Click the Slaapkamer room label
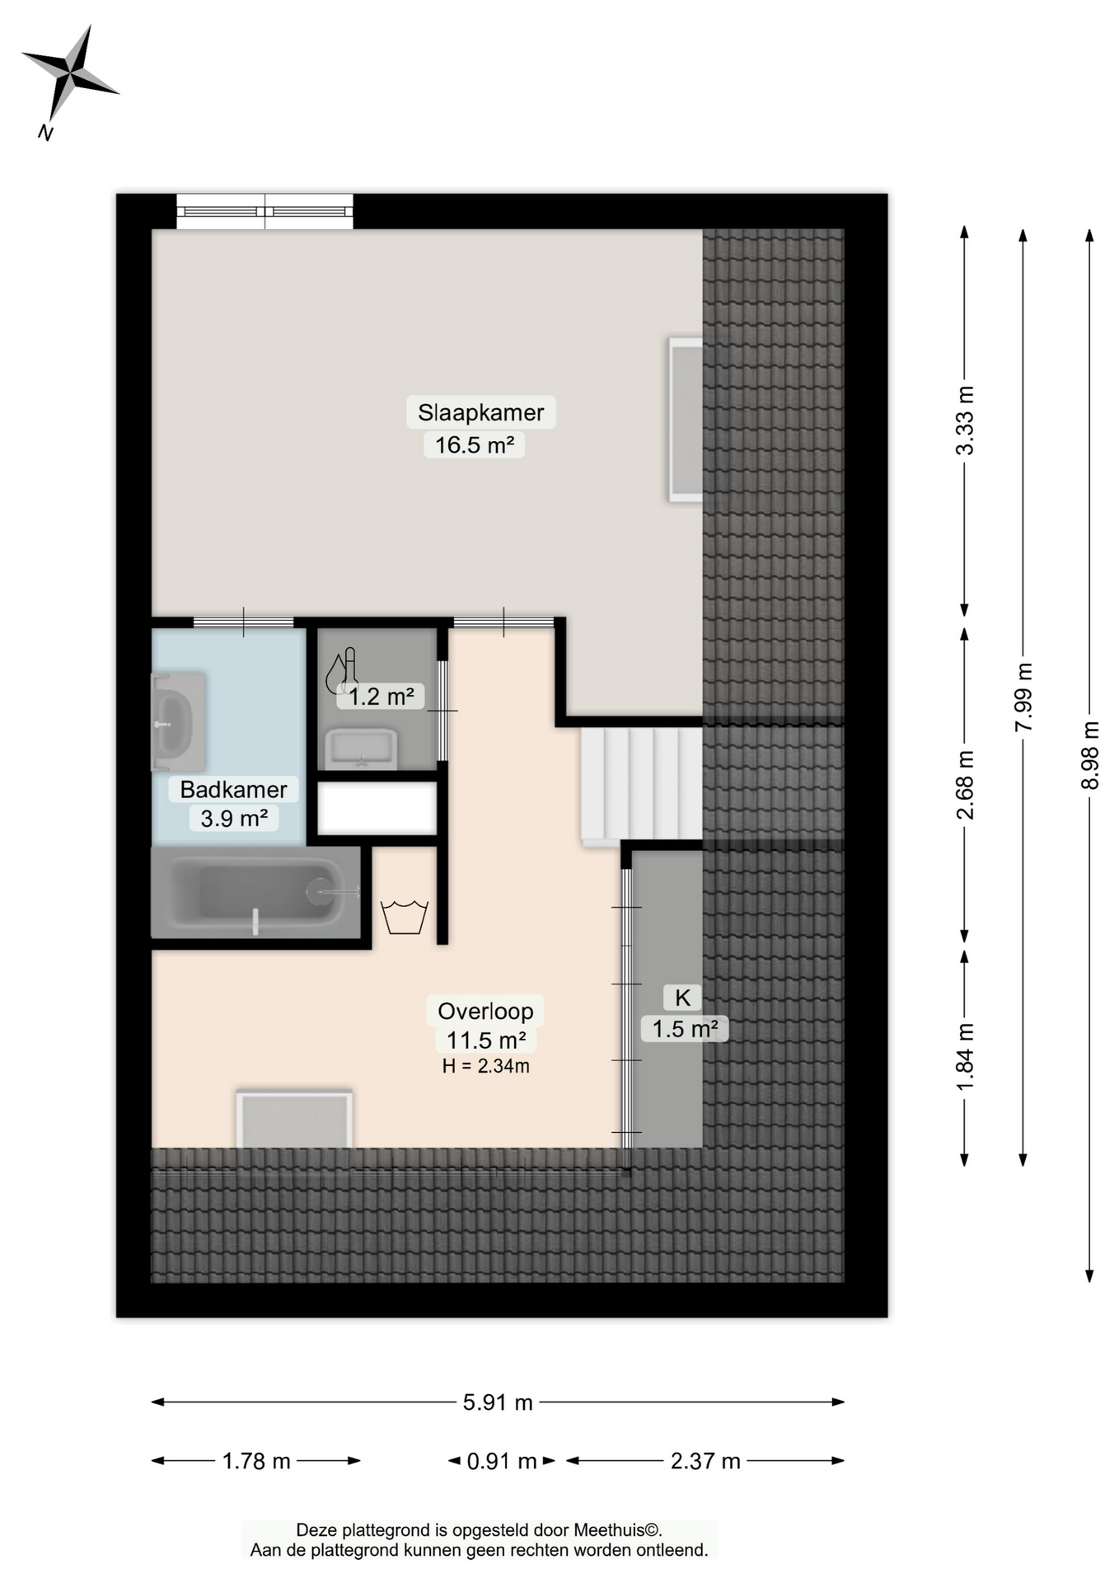(480, 412)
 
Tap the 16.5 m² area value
(475, 445)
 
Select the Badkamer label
(233, 789)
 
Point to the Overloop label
(485, 1011)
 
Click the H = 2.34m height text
(485, 1066)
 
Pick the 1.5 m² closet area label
(685, 1029)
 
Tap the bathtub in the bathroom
(256, 893)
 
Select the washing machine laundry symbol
(404, 917)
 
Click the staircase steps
(641, 783)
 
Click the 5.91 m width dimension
(498, 1402)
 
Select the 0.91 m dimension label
(501, 1462)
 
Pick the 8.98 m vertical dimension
(1089, 755)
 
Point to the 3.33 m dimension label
(965, 420)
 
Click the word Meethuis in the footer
(609, 1530)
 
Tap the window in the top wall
(265, 212)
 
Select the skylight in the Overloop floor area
(294, 1119)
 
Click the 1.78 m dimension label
(256, 1462)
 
